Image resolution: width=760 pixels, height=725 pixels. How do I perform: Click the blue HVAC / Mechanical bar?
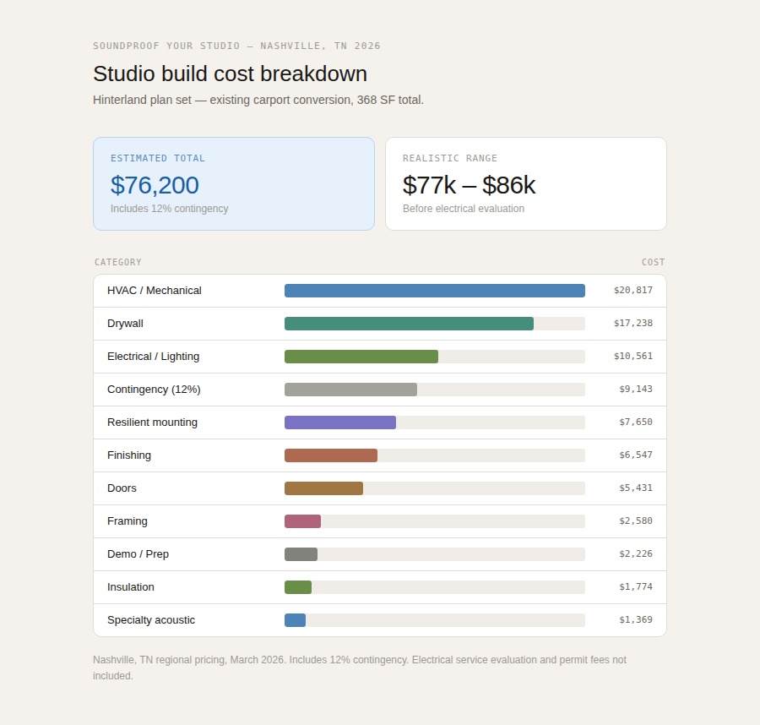tap(434, 291)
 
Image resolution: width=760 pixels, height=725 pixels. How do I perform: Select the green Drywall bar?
tap(409, 324)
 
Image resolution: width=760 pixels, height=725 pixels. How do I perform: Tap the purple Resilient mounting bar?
tap(339, 422)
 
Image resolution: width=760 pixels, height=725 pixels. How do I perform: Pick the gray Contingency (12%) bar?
tap(350, 390)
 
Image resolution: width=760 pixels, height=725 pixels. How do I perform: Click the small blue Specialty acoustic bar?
tap(295, 620)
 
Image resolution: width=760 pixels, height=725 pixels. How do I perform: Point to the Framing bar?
tap(302, 521)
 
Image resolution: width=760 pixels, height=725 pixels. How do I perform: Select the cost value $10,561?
tap(632, 357)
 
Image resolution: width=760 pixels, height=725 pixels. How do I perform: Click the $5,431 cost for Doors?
tap(635, 488)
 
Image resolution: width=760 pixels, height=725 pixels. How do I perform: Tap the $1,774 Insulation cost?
tap(635, 587)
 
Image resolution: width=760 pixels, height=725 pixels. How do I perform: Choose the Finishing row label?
tap(129, 455)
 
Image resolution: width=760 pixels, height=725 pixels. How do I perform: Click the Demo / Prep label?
tap(138, 554)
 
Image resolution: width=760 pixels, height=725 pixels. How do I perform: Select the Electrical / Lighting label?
tap(153, 357)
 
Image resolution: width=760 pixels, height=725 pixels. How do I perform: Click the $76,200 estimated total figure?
tap(155, 185)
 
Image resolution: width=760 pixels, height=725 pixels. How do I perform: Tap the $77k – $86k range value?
tap(469, 185)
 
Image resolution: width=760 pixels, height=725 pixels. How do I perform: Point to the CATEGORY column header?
tap(118, 262)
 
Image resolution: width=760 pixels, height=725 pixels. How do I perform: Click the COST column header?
tap(653, 262)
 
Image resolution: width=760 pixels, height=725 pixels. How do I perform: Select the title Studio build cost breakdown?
tap(230, 74)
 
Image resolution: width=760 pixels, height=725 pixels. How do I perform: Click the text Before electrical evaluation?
tap(463, 209)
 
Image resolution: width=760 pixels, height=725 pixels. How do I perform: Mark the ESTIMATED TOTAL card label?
tap(158, 158)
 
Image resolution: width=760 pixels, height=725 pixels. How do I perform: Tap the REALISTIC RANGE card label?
tap(450, 158)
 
